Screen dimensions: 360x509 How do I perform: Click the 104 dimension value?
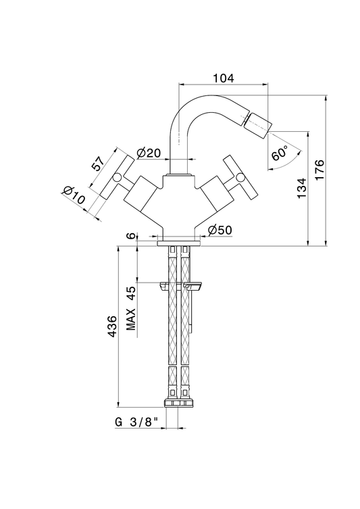coord(223,78)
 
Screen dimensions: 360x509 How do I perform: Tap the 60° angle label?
coord(280,153)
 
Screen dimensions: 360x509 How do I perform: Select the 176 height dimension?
coord(319,170)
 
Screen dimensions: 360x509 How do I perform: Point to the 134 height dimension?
coord(301,188)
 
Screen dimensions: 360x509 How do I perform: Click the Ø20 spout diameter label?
coord(149,153)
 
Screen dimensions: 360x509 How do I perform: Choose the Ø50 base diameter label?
coord(220,230)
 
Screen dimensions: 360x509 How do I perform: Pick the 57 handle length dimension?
coord(98,164)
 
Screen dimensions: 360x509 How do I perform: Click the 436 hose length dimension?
coord(112,326)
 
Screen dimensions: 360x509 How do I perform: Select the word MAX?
coord(131,319)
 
